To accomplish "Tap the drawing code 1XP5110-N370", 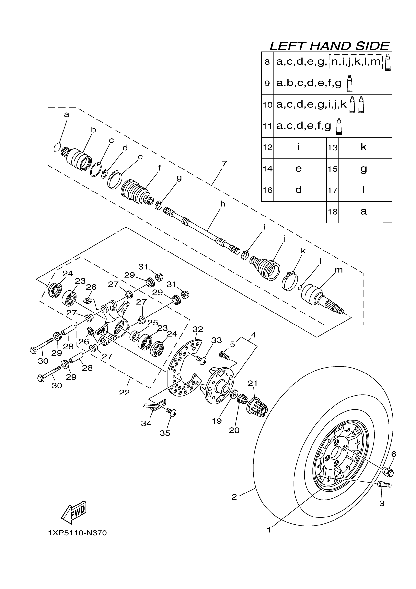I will [77, 533].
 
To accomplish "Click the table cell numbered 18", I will [333, 212].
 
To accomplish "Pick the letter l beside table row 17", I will [363, 190].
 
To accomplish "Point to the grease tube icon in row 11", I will [339, 126].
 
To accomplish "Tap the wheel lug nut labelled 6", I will [388, 472].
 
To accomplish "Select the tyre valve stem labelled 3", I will [384, 484].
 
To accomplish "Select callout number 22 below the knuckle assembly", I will [124, 393].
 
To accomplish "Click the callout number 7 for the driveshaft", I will [224, 164].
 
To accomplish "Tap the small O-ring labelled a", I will [57, 147].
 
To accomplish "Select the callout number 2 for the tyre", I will [234, 497].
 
